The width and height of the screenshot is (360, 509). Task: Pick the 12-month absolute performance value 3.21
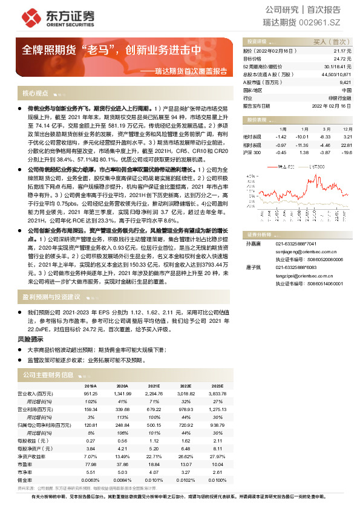pyautogui.click(x=347, y=137)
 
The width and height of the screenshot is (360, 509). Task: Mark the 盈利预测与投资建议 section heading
pyautogui.click(x=51, y=297)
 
